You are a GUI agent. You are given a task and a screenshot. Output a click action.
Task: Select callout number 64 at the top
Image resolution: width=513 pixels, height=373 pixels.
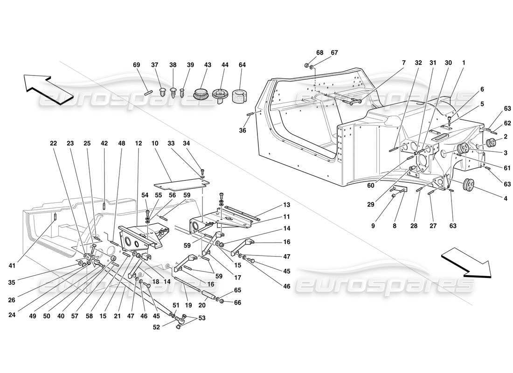tap(242, 65)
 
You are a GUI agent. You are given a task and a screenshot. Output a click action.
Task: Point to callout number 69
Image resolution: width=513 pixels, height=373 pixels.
tap(136, 65)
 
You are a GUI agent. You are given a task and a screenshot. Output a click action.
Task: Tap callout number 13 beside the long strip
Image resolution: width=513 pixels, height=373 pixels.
tap(286, 205)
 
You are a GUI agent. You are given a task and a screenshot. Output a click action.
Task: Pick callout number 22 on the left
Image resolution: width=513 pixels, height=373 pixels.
tap(54, 144)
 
